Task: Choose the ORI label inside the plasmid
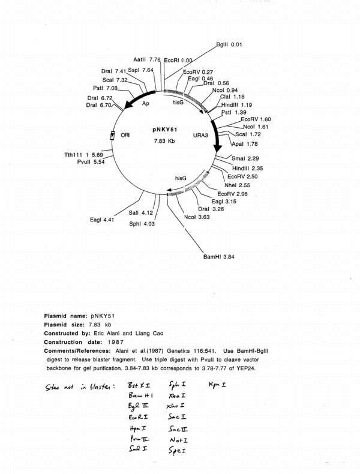click(x=125, y=136)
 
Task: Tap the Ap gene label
click(x=145, y=103)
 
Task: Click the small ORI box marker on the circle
click(x=112, y=136)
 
